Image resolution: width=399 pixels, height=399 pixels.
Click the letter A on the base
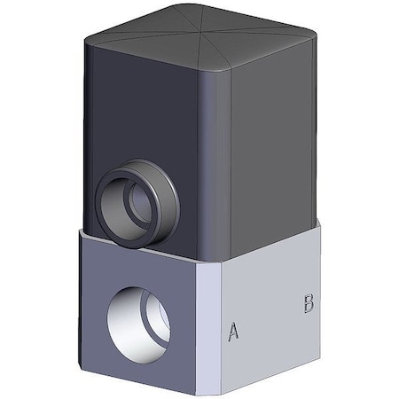point(233,331)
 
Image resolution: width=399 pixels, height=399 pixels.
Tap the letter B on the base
point(309,303)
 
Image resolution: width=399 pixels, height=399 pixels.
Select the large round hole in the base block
point(138,325)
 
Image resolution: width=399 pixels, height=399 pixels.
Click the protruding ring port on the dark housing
point(137,203)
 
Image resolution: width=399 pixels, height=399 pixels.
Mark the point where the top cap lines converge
point(202,30)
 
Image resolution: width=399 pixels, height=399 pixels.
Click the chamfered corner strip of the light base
point(208,328)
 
